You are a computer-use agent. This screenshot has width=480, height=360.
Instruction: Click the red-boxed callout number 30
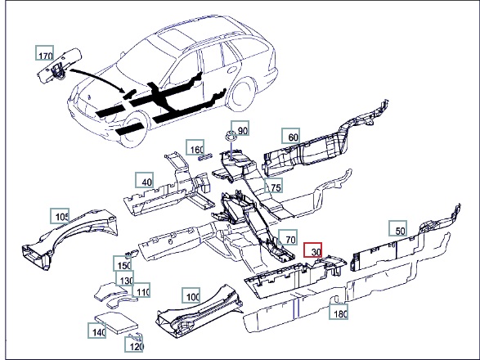point(312,250)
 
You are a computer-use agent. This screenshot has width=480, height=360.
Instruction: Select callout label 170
point(45,53)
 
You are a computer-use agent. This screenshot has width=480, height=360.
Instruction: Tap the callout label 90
point(240,128)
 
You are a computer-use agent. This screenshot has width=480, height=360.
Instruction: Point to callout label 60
point(291,136)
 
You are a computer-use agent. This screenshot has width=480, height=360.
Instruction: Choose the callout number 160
point(195,147)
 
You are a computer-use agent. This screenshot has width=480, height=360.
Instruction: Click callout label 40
point(144,180)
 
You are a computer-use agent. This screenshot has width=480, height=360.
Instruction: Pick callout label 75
point(273,185)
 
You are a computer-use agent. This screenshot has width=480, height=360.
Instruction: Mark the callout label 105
point(60,216)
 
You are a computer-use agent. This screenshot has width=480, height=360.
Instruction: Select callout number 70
point(288,237)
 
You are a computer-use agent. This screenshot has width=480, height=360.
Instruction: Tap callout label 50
point(398,228)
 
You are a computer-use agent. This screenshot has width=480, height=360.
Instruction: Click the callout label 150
point(123,263)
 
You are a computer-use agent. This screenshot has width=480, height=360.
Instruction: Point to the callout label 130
point(125,278)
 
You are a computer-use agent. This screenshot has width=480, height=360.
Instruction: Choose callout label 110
point(141,290)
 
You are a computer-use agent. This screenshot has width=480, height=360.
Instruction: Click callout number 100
point(191,295)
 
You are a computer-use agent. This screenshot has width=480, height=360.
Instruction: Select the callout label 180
point(339,312)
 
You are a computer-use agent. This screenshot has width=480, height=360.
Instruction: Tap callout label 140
point(97,331)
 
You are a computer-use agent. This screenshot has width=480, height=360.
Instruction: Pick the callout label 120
point(134,344)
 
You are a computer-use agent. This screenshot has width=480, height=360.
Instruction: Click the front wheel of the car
point(132,128)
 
